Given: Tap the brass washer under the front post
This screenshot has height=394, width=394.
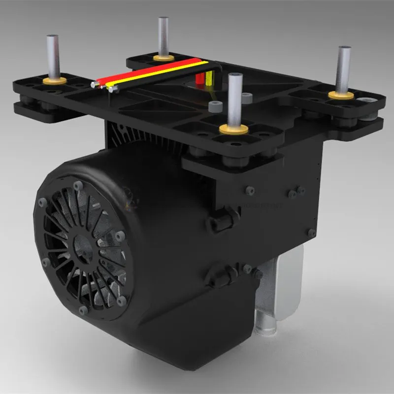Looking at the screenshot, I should (x=233, y=129).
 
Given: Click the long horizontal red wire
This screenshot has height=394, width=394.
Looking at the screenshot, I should (x=148, y=71).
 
